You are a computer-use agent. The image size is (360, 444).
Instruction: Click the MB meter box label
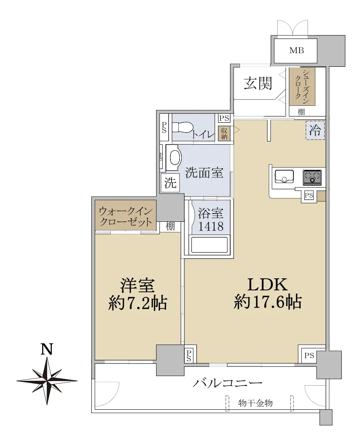(x=297, y=50)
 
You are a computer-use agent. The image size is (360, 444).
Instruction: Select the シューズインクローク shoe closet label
(x=302, y=86)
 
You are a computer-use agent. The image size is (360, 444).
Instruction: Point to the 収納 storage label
(x=224, y=133)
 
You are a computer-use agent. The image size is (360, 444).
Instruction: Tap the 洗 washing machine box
(x=170, y=183)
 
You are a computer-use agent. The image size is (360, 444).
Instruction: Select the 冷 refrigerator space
(x=315, y=130)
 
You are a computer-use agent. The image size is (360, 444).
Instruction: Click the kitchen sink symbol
(x=284, y=177)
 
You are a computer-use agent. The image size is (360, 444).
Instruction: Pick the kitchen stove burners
(x=312, y=177)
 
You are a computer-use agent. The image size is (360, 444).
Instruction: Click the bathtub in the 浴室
(x=209, y=245)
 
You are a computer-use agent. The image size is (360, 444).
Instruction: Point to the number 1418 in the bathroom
(x=211, y=226)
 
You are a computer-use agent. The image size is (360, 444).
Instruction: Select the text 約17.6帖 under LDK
(x=267, y=302)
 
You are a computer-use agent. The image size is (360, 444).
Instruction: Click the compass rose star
(x=47, y=381)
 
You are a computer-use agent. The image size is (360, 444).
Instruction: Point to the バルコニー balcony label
(x=227, y=383)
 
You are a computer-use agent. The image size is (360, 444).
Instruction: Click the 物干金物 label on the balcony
(x=255, y=403)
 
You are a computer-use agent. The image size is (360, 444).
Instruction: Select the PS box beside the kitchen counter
(x=309, y=195)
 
